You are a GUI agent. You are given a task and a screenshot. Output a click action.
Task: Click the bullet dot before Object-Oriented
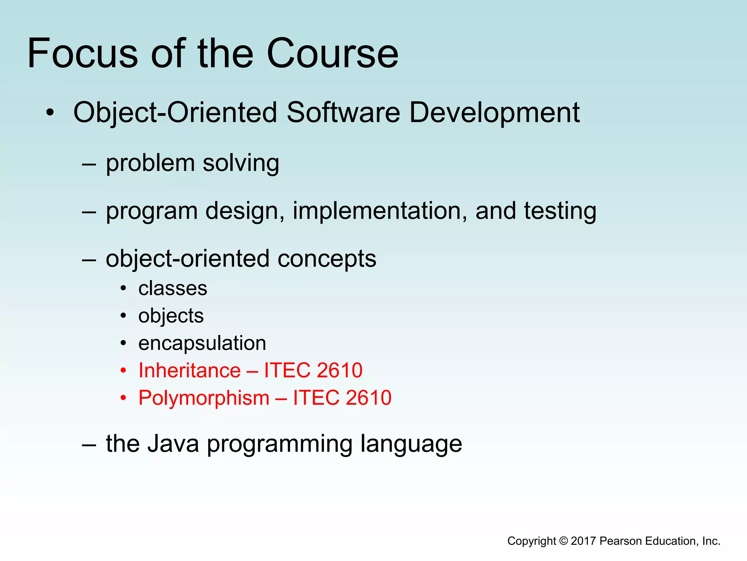tap(50, 113)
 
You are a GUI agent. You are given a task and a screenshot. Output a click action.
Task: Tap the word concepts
tap(326, 259)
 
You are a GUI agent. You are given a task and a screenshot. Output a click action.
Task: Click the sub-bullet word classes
tap(173, 289)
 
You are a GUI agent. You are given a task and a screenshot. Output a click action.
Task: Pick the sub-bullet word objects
tap(171, 316)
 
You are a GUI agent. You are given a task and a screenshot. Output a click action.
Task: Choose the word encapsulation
tap(202, 343)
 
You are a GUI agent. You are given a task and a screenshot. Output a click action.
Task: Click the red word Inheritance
tap(190, 370)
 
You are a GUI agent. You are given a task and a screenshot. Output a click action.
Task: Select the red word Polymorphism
tap(204, 398)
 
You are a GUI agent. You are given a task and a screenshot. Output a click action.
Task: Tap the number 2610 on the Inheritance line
tap(340, 370)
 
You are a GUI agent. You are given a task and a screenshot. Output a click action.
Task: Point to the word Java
tap(173, 444)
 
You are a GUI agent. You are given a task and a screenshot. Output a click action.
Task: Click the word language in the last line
tap(411, 444)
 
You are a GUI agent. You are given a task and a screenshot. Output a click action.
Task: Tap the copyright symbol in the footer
tap(564, 541)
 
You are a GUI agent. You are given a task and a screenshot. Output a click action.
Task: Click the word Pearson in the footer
tap(620, 541)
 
